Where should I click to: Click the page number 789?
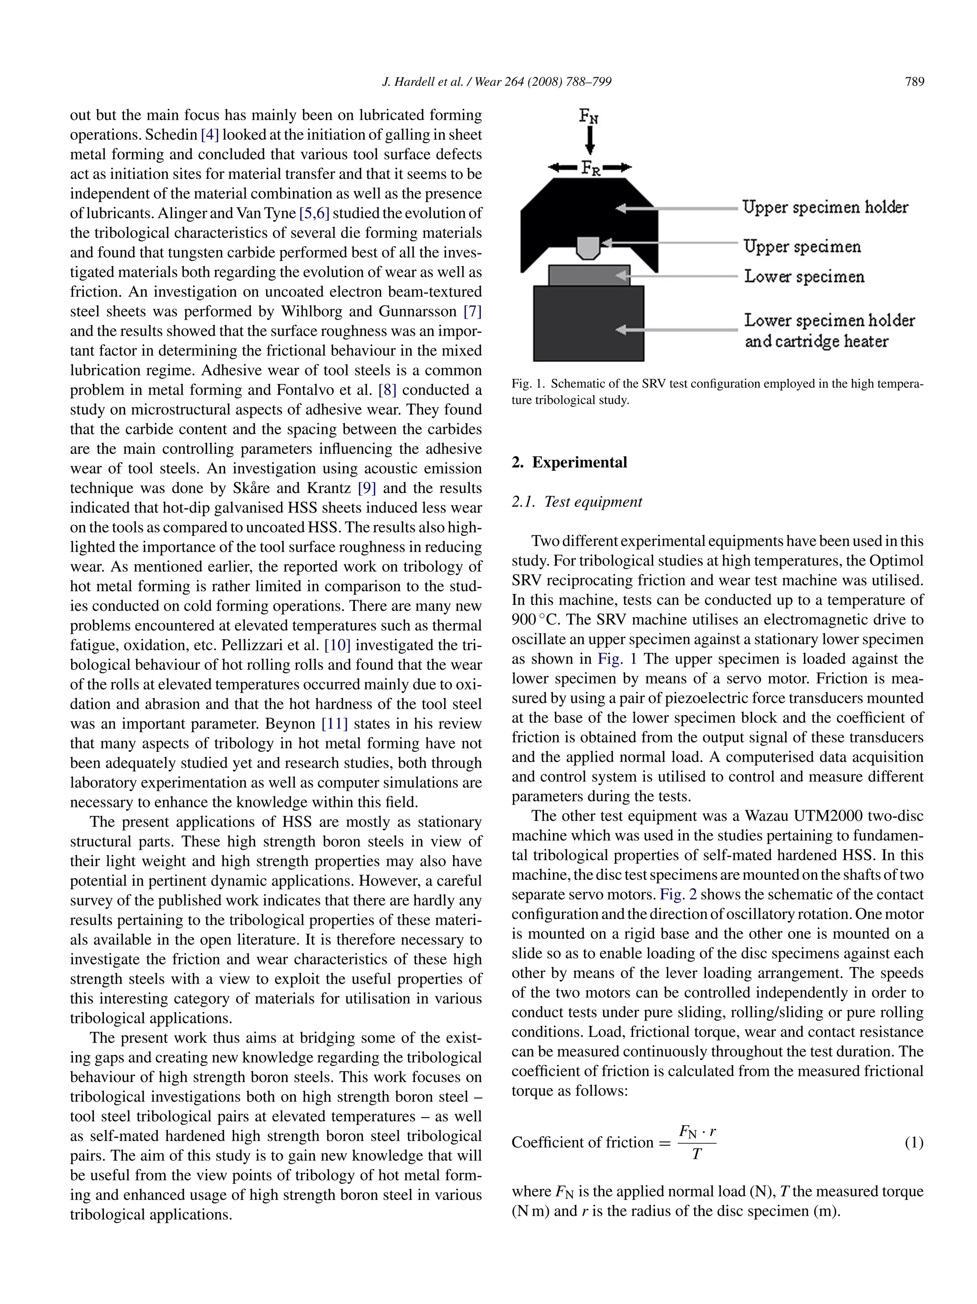[914, 82]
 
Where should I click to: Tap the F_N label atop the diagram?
[589, 116]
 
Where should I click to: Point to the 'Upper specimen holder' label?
[824, 208]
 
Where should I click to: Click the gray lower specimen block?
[589, 275]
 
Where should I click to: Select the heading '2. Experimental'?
[569, 462]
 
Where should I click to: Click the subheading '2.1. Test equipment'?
[576, 501]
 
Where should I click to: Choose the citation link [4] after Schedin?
[210, 135]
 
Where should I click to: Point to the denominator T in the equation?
[696, 1154]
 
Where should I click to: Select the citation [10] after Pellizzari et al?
[338, 646]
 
